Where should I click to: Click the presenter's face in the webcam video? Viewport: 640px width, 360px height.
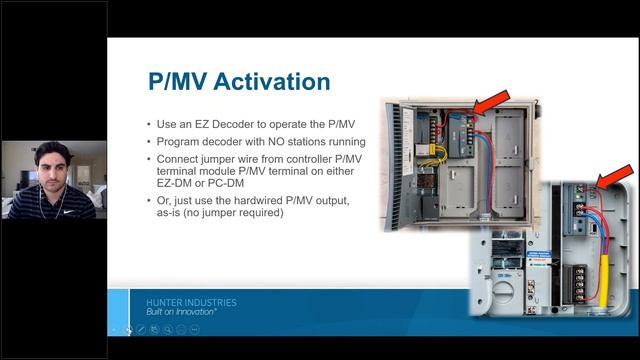[53, 167]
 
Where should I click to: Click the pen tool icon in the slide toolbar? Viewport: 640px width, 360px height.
[142, 328]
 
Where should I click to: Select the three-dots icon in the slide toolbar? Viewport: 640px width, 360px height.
[194, 328]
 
